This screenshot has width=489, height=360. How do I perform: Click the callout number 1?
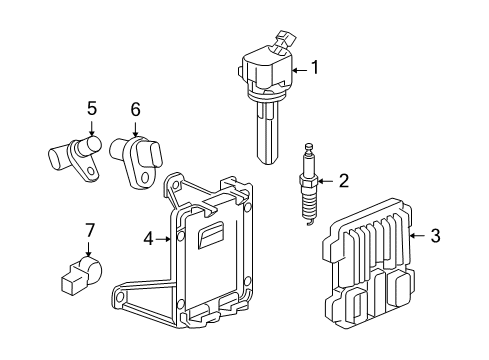coord(315,67)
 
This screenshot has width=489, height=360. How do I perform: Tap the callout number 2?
coord(344,181)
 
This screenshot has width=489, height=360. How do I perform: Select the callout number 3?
coord(435,235)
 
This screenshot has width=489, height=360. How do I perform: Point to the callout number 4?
coord(149,239)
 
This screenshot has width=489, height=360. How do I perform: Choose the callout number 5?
coord(92,109)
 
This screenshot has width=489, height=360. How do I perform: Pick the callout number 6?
coord(135,109)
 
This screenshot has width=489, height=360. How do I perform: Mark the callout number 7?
coord(89,230)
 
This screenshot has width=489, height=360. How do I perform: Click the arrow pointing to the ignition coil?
coord(300,70)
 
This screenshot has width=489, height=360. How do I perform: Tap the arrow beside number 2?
coord(326,181)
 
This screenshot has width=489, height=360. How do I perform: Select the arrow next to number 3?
coord(417,236)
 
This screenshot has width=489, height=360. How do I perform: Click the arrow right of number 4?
coord(163,239)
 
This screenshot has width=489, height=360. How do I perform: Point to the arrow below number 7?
coord(88,249)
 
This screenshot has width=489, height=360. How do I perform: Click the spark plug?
coord(309,184)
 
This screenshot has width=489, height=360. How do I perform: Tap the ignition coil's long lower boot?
coord(267,133)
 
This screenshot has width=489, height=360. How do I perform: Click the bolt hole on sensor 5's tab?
coord(91,171)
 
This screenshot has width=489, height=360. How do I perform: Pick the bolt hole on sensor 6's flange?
coord(145,177)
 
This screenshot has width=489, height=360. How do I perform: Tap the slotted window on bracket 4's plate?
coord(210,235)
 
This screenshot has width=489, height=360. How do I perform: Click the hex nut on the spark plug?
coord(309,182)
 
